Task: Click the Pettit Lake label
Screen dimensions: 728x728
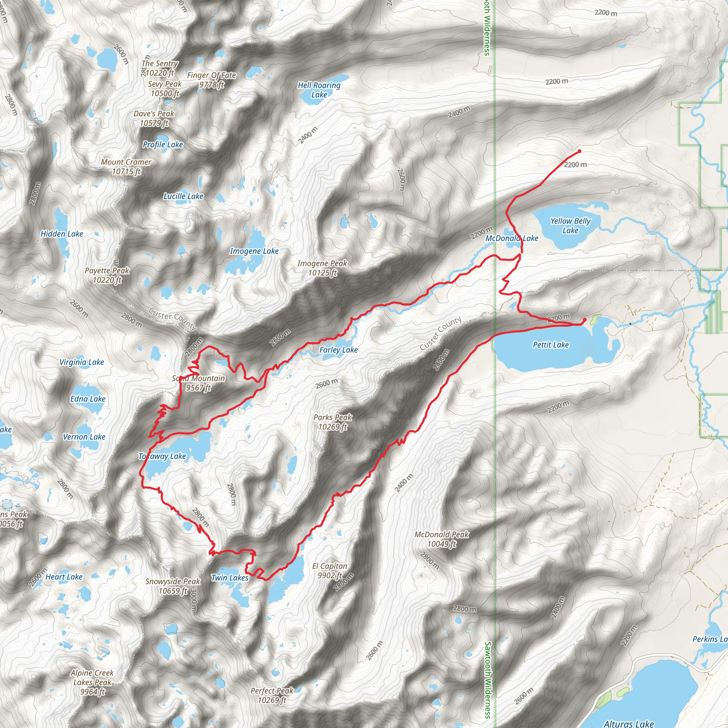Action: [551, 344]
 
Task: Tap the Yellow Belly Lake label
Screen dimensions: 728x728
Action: [570, 225]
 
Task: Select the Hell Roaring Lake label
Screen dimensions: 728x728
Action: [319, 90]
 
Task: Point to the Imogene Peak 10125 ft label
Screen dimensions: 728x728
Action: [322, 268]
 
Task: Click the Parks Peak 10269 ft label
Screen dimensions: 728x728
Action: [333, 422]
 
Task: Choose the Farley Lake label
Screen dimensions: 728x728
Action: [338, 350]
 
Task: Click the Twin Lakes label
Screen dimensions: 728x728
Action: [230, 578]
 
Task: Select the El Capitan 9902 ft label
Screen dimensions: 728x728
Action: [330, 571]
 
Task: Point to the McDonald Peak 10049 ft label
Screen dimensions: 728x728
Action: [441, 539]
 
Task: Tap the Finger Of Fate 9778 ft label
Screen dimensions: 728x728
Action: [212, 80]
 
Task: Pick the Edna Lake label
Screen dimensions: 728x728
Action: [88, 399]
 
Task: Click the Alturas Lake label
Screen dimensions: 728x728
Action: [628, 723]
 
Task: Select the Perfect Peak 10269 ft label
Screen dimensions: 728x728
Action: [272, 695]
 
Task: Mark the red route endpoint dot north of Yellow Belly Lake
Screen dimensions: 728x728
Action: [579, 151]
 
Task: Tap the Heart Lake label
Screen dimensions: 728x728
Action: [64, 577]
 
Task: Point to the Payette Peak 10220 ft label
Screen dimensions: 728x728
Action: [107, 275]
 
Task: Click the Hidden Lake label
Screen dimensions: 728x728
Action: [62, 234]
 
